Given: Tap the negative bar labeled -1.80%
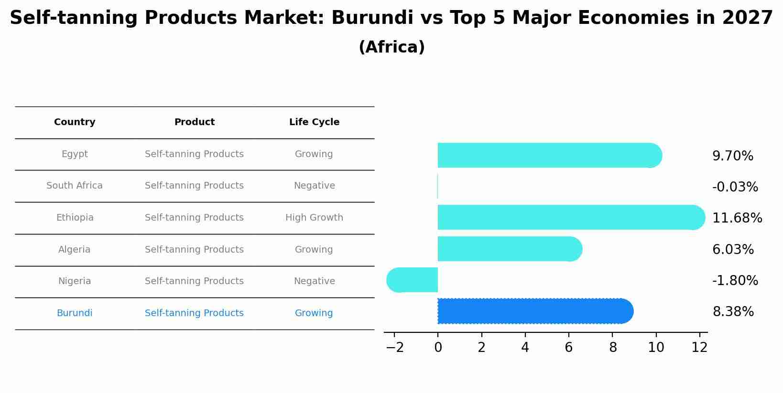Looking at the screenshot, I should pyautogui.click(x=413, y=280).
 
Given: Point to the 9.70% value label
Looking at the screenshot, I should pyautogui.click(x=732, y=156).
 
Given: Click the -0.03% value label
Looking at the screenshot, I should pyautogui.click(x=735, y=187).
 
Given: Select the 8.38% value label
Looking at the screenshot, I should pyautogui.click(x=733, y=312).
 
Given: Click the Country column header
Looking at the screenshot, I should pyautogui.click(x=75, y=122).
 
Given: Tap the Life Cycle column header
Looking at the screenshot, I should pyautogui.click(x=314, y=122).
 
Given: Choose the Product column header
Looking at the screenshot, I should pyautogui.click(x=194, y=122).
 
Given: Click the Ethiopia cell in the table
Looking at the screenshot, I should pyautogui.click(x=75, y=218).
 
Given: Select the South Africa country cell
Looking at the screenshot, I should pyautogui.click(x=75, y=186).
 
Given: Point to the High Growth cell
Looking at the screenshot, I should pyautogui.click(x=314, y=218).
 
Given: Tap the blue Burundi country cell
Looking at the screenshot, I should pyautogui.click(x=75, y=313).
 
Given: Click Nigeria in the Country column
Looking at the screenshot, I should pyautogui.click(x=75, y=281).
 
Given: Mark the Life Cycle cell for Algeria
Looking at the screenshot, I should pyautogui.click(x=314, y=250).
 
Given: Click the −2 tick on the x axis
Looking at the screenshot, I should pyautogui.click(x=395, y=348).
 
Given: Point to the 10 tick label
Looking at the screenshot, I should pyautogui.click(x=656, y=348).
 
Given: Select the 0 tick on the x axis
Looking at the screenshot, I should pyautogui.click(x=438, y=348).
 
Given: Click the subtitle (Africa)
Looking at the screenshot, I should pyautogui.click(x=391, y=47).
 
